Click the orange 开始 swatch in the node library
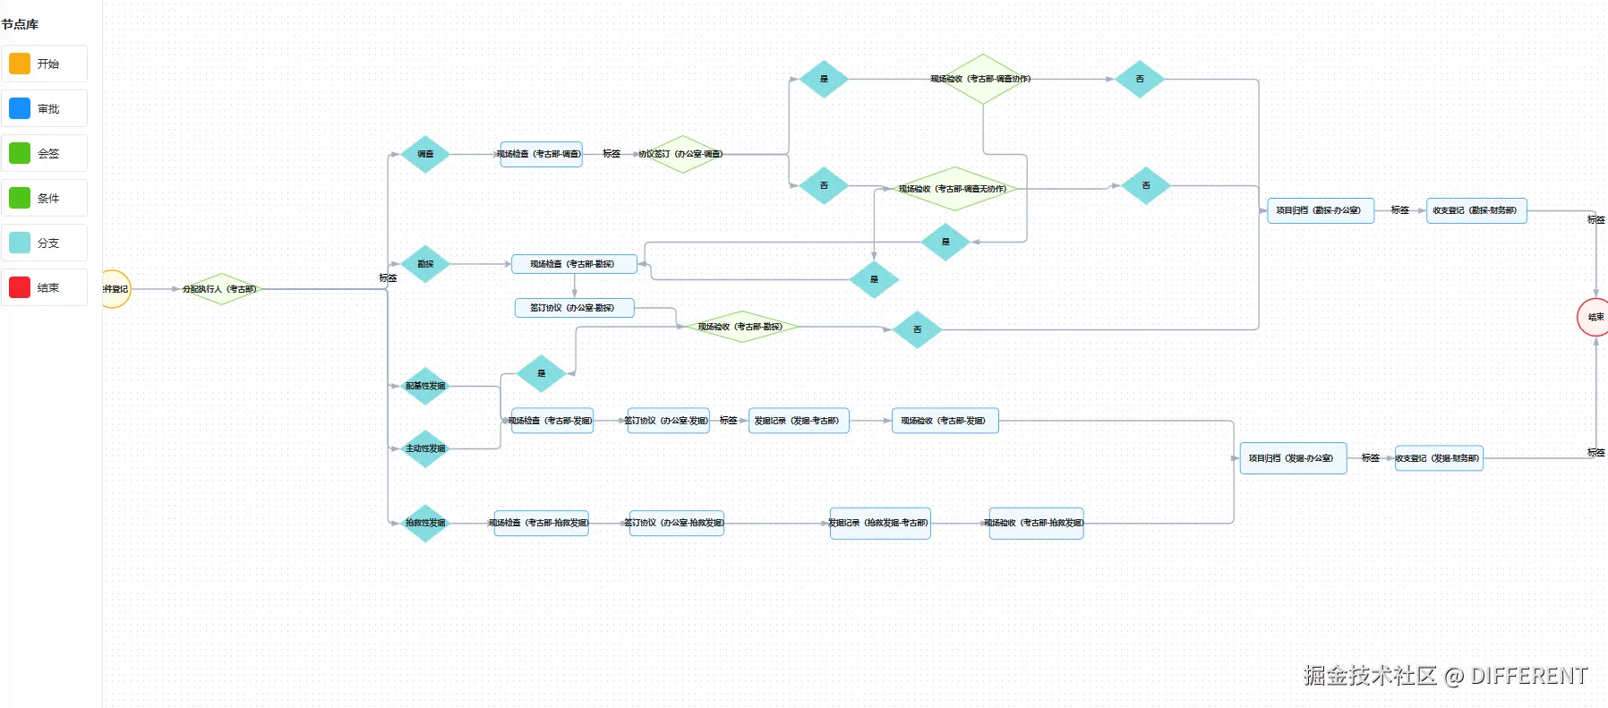[20, 64]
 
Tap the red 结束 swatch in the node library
[20, 288]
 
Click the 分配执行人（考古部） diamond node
[220, 289]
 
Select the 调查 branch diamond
[425, 154]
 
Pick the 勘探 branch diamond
[425, 264]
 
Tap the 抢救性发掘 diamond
[425, 523]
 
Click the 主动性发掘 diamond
[425, 448]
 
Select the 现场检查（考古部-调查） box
[540, 154]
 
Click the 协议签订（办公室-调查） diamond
[681, 154]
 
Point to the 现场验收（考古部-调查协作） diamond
[982, 79]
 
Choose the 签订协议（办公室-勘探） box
[574, 308]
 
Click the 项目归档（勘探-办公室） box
[1320, 210]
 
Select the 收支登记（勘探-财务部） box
[1475, 210]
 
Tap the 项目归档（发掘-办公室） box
[1292, 458]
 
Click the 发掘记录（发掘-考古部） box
[798, 421]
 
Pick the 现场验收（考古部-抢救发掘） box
[1035, 523]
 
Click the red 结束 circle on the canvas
[1594, 317]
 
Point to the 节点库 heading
[20, 24]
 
